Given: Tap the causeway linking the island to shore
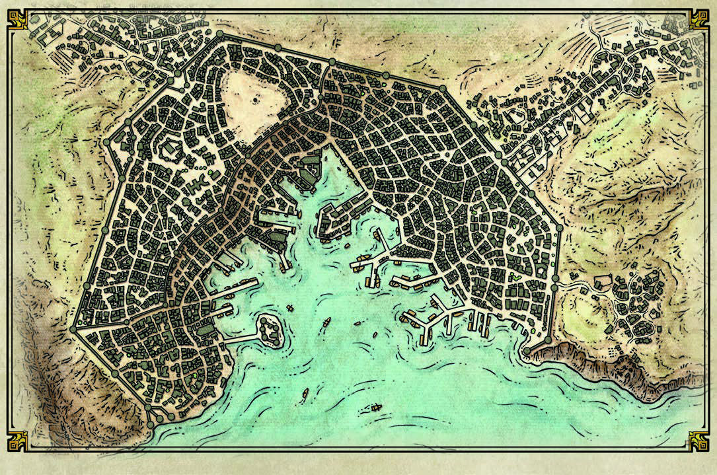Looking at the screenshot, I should click(241, 337).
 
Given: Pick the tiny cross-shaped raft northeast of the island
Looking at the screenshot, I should click(291, 309).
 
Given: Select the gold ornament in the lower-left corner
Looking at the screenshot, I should click(18, 441).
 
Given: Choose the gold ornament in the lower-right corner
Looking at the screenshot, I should click(698, 441).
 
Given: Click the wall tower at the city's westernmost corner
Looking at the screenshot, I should click(73, 329).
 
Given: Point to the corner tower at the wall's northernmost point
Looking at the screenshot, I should click(219, 33).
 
